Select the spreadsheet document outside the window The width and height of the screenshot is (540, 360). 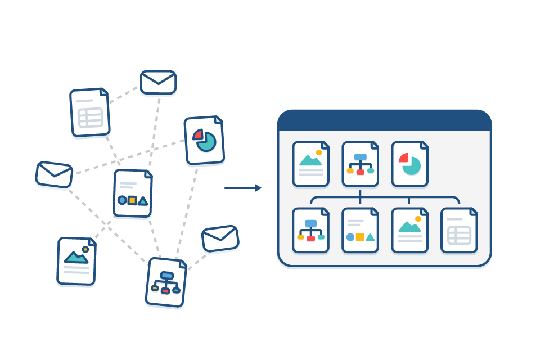pyautogui.click(x=89, y=112)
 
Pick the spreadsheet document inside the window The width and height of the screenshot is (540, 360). pyautogui.click(x=459, y=231)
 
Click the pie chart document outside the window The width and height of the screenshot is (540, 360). pyautogui.click(x=204, y=141)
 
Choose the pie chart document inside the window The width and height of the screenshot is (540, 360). pyautogui.click(x=409, y=164)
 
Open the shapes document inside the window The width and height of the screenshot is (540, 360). pyautogui.click(x=360, y=231)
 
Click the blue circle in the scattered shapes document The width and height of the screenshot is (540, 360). pyautogui.click(x=122, y=200)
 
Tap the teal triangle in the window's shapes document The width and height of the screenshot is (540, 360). pyautogui.click(x=370, y=237)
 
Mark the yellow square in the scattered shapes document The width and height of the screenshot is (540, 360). pyautogui.click(x=132, y=200)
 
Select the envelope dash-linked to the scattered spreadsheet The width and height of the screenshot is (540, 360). pyautogui.click(x=158, y=82)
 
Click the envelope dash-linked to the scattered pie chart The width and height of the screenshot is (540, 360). pyautogui.click(x=54, y=174)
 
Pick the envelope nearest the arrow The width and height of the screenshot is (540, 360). pyautogui.click(x=220, y=238)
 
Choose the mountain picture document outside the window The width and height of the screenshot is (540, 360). pyautogui.click(x=76, y=261)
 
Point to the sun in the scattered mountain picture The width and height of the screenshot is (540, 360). pyautogui.click(x=85, y=249)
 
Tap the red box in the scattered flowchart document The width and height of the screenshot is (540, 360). pyautogui.click(x=165, y=290)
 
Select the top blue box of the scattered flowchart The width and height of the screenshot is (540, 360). pyautogui.click(x=166, y=275)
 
